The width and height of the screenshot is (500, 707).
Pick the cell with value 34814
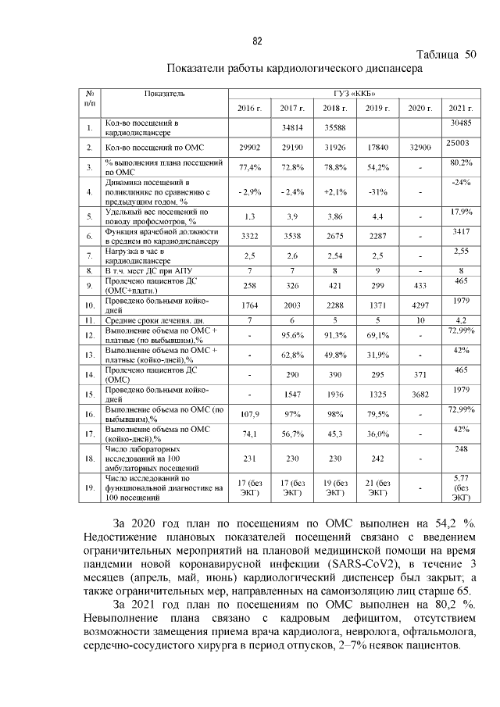291,127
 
